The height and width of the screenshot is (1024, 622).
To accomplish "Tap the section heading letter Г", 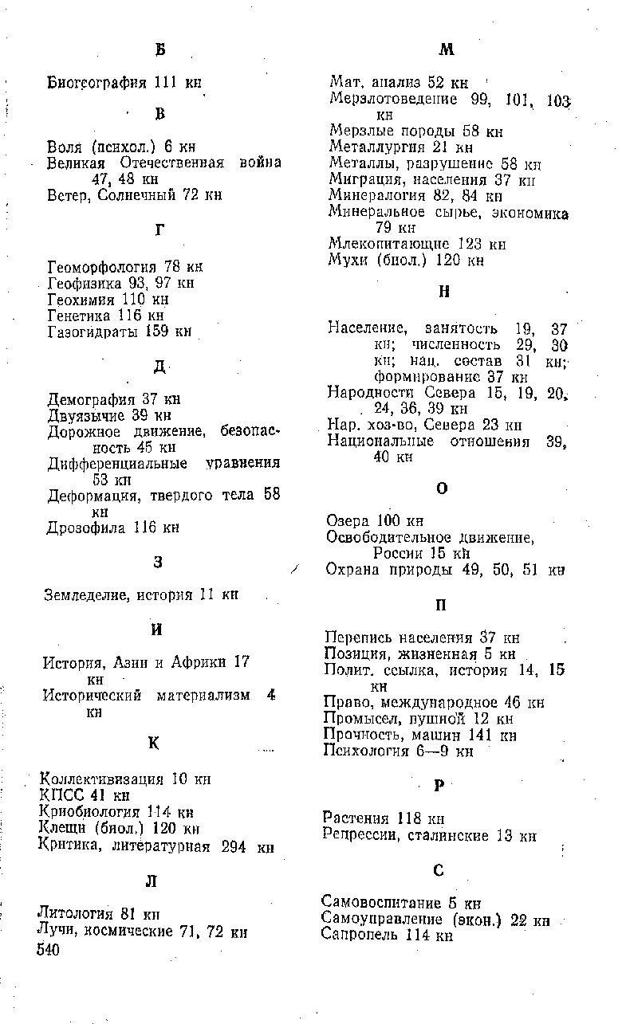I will [159, 230].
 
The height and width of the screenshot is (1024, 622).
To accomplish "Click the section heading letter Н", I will [444, 292].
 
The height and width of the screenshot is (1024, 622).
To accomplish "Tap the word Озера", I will [348, 521].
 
